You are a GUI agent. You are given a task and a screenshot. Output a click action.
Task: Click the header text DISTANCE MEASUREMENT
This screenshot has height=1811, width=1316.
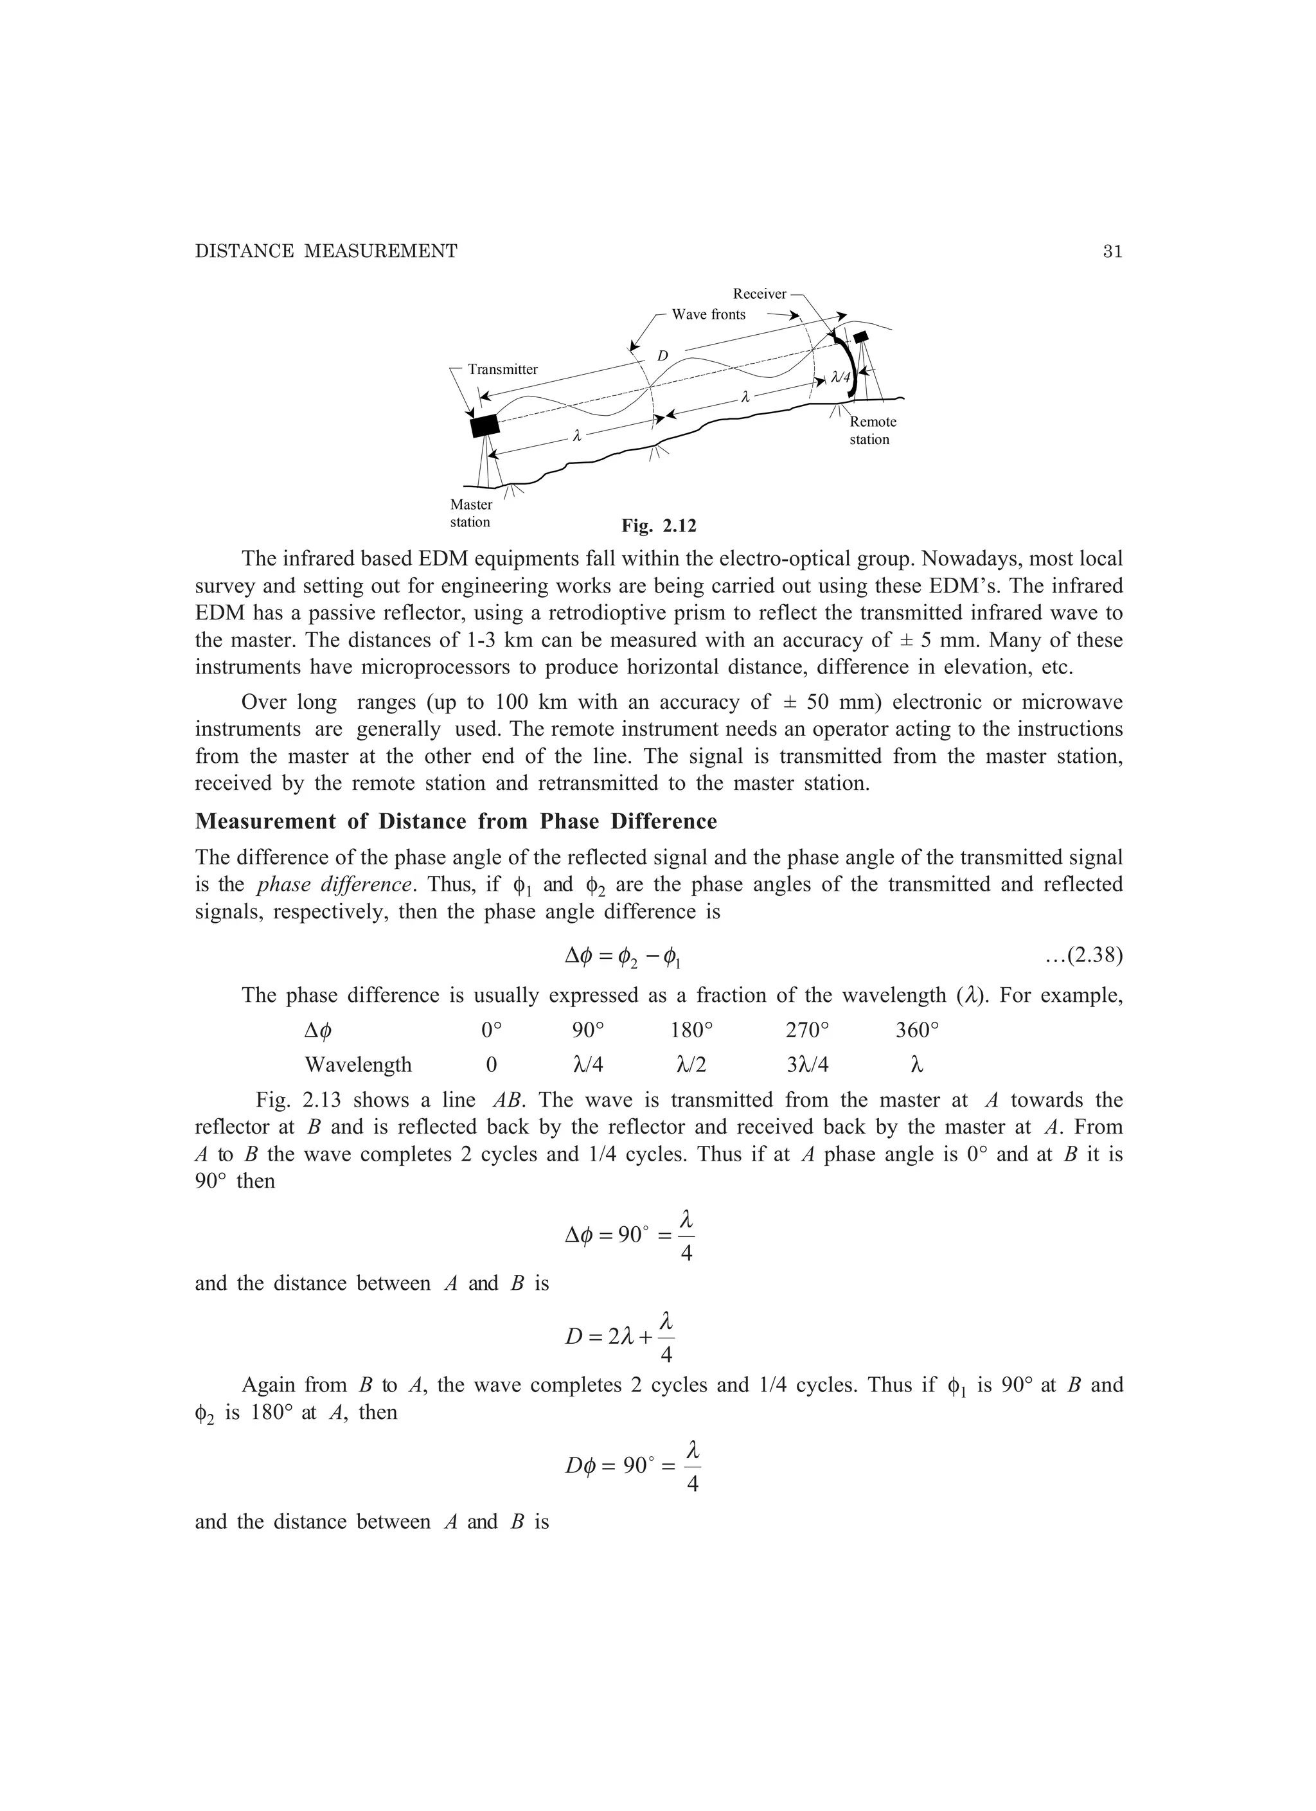(x=326, y=251)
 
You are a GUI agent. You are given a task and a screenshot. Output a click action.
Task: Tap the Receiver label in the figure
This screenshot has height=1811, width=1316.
(x=760, y=294)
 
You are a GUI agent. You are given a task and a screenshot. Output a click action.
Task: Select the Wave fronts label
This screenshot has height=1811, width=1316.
(x=708, y=315)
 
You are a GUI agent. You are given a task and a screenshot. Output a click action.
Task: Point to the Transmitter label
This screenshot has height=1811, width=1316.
(x=502, y=369)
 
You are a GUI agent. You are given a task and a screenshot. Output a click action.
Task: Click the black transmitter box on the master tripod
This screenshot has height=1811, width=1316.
(x=485, y=425)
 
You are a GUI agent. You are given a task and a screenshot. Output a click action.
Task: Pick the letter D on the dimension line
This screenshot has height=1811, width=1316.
(x=662, y=355)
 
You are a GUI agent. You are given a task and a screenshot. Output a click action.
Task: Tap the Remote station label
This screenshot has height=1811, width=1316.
(x=872, y=431)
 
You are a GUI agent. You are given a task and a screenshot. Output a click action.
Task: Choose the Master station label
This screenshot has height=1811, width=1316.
(x=471, y=513)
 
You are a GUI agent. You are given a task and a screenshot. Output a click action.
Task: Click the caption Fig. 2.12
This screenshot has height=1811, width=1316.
(x=659, y=526)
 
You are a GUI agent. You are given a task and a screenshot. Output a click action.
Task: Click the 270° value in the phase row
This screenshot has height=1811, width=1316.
(x=807, y=1030)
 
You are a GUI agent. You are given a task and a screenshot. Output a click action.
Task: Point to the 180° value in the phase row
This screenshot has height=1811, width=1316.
(x=691, y=1030)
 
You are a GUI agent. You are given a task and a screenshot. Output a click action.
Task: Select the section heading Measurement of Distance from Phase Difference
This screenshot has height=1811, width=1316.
(x=456, y=822)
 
